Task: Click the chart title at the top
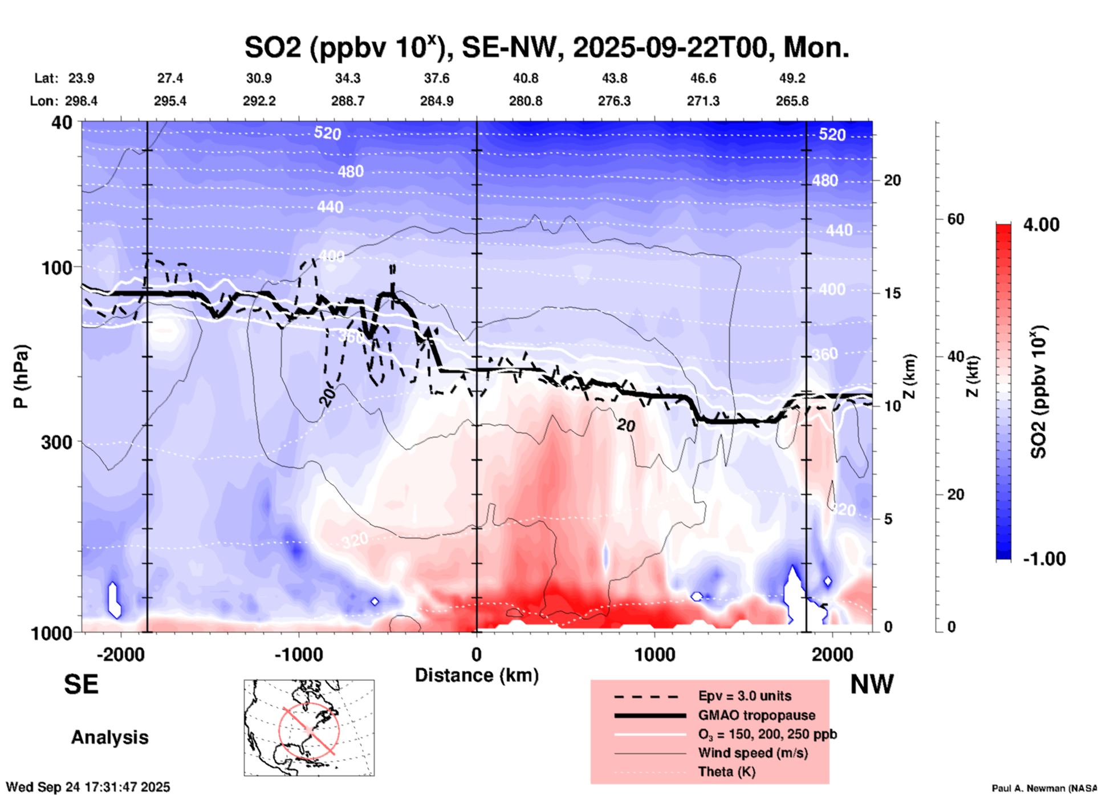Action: tap(546, 47)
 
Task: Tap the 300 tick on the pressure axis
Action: tap(57, 442)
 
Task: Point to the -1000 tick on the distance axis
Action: tap(298, 654)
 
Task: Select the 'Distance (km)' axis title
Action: tap(477, 675)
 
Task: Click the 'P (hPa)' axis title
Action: tap(21, 376)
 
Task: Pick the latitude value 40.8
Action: tap(525, 78)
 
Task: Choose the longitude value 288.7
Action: tap(348, 101)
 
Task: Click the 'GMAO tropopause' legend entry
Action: tap(757, 715)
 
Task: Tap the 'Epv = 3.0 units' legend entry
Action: tap(745, 696)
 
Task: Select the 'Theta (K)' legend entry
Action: tap(726, 772)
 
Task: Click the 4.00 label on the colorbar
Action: tap(1041, 225)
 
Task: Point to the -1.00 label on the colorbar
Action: tap(1044, 559)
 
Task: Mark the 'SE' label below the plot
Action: tap(81, 684)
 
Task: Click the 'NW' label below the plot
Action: tap(872, 684)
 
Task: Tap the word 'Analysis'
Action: tap(109, 737)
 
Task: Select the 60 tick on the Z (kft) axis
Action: tap(955, 219)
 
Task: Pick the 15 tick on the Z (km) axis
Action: tap(892, 293)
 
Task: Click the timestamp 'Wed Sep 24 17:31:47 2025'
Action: tap(88, 787)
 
